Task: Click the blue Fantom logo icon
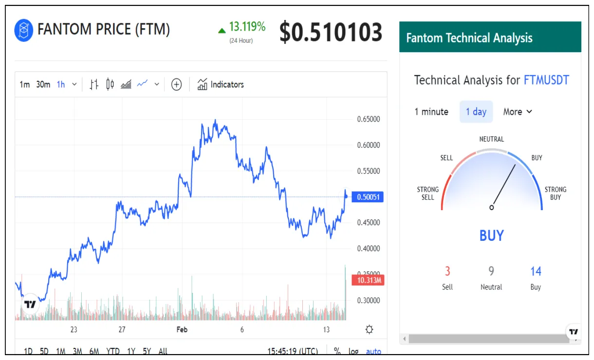[x=23, y=30]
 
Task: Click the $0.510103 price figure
[x=331, y=33]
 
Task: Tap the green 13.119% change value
[x=247, y=27]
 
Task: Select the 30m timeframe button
[x=43, y=85]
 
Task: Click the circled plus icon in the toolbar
[x=176, y=85]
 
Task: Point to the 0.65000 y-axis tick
[x=368, y=119]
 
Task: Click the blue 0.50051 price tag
[x=370, y=197]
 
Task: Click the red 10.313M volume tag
[x=370, y=280]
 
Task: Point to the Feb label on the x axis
[x=182, y=330]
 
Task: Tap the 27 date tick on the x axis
[x=122, y=330]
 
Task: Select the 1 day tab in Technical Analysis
[x=476, y=112]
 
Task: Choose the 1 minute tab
[x=431, y=112]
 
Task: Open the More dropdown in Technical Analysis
[x=518, y=112]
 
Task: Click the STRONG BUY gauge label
[x=555, y=193]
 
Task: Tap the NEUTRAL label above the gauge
[x=491, y=139]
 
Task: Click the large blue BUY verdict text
[x=491, y=235]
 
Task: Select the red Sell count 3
[x=447, y=271]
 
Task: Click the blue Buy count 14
[x=536, y=271]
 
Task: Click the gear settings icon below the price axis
[x=369, y=330]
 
